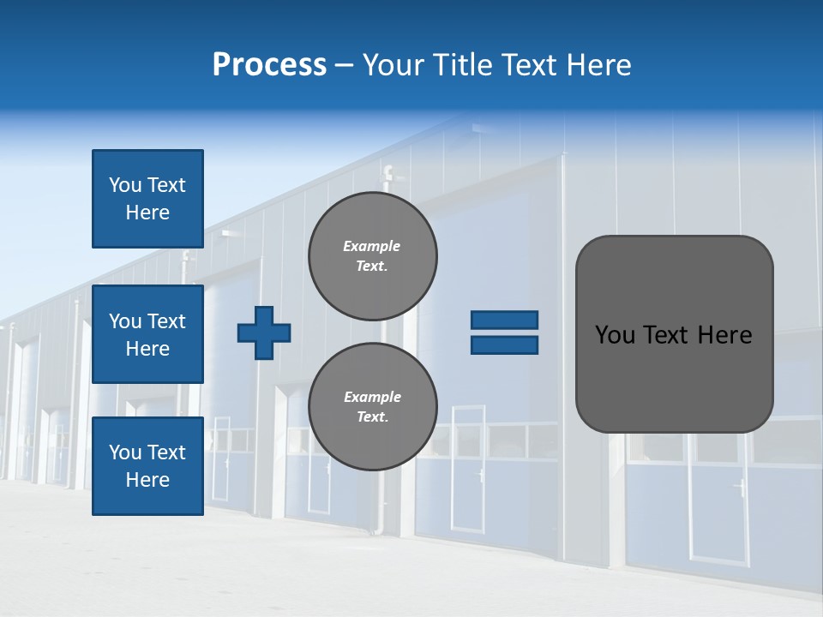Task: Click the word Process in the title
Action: point(269,64)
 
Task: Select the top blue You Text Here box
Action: point(147,199)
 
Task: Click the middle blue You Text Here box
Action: point(147,334)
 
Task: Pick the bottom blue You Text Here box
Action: point(147,465)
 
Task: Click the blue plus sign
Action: point(264,332)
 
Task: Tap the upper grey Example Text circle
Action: point(372,256)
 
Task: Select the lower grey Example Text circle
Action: point(372,407)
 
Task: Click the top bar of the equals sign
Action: point(504,320)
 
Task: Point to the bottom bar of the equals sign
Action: point(504,345)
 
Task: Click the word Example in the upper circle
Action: point(372,246)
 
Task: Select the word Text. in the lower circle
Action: point(372,417)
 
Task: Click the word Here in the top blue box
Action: point(147,213)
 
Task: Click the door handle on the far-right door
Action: point(740,488)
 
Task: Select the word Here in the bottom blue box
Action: point(147,480)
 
